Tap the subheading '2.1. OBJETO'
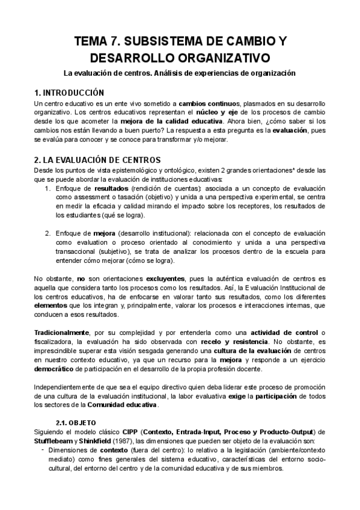point(80,423)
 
